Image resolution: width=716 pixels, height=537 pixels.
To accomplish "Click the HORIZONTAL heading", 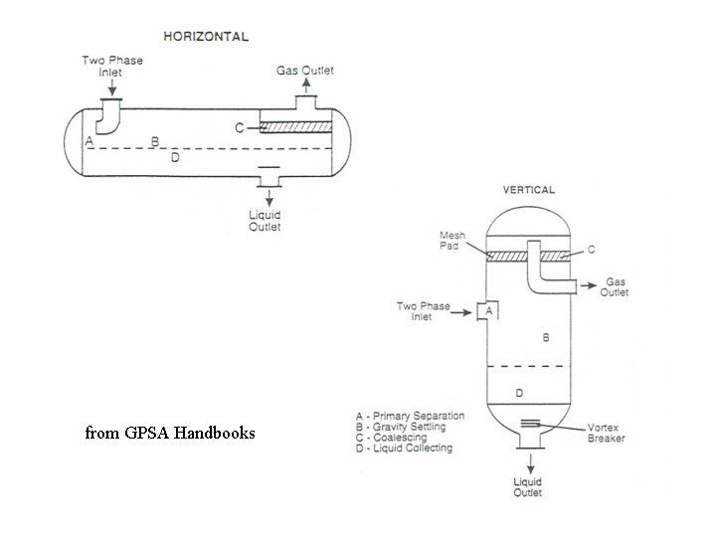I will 206,36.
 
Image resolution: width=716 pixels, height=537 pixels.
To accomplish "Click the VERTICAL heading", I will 529,189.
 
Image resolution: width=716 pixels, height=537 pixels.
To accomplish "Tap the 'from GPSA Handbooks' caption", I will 170,433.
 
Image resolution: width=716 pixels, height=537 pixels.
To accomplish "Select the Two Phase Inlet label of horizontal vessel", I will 112,66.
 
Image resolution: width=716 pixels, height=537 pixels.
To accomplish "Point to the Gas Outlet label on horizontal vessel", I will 304,71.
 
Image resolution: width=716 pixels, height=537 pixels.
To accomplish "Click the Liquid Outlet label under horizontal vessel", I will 265,221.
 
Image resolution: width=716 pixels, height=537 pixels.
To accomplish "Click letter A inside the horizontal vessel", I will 89,141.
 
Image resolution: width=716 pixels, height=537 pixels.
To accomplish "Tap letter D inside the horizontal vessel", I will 175,157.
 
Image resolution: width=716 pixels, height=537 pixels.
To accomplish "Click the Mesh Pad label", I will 452,241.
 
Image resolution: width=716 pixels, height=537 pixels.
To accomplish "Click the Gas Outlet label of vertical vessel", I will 617,287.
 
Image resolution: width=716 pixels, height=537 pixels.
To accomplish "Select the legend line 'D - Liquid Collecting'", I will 404,448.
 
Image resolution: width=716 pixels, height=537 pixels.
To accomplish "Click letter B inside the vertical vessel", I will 545,338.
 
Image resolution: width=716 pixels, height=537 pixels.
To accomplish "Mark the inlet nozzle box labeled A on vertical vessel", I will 488,312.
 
